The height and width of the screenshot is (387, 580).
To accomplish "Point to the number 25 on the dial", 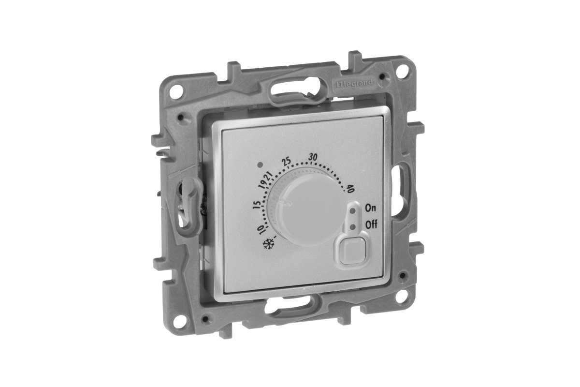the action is click(287, 162).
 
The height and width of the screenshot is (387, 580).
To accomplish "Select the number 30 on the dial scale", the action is click(313, 157).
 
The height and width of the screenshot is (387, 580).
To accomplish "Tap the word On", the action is click(370, 208).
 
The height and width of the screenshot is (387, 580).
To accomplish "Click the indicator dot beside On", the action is click(352, 211).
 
